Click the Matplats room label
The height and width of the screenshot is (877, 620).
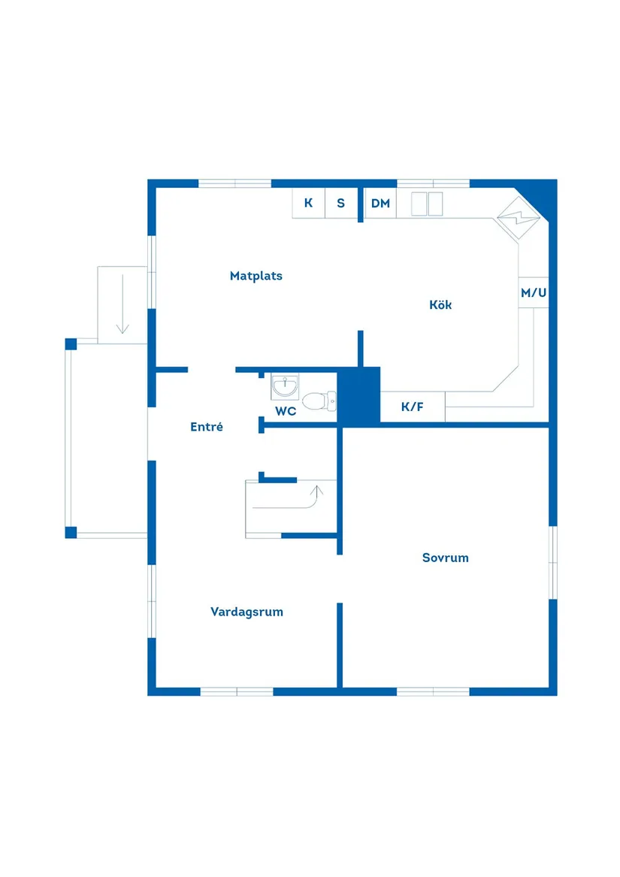(x=256, y=276)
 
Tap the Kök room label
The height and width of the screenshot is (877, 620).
(x=440, y=304)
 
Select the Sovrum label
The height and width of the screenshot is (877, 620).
(x=445, y=558)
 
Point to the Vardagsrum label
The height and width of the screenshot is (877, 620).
(x=246, y=612)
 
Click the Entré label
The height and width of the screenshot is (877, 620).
(x=206, y=427)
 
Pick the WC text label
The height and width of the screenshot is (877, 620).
(x=286, y=411)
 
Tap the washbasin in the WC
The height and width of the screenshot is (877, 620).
(x=285, y=387)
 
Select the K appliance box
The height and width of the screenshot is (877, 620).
(x=308, y=203)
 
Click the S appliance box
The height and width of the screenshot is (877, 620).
(x=340, y=203)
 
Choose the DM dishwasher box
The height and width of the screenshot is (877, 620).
(x=380, y=203)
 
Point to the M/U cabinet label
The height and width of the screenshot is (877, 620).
(x=534, y=292)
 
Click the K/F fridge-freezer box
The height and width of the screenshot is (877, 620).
(x=412, y=407)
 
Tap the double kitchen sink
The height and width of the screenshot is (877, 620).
(x=426, y=203)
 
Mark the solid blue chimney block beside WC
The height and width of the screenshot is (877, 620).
(x=358, y=395)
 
